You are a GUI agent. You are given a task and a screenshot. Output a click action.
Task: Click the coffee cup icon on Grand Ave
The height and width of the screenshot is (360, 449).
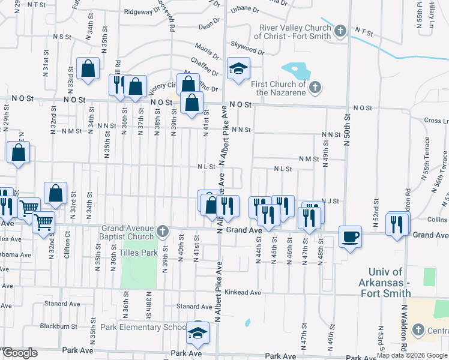point(350,236)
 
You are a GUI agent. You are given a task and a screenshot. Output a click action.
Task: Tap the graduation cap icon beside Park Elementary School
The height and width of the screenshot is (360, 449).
point(197,332)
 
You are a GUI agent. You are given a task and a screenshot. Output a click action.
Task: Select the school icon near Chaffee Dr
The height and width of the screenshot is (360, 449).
point(238,68)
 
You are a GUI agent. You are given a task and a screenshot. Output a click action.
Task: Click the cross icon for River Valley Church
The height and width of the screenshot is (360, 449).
point(340,30)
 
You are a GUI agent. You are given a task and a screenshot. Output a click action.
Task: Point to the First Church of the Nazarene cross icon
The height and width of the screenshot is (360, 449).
point(315,89)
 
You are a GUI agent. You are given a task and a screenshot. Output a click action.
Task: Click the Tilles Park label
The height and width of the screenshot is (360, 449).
point(141,253)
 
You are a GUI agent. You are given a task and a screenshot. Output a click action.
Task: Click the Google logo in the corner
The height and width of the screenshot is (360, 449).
point(19,353)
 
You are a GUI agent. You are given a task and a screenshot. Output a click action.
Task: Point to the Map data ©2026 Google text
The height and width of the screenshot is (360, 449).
point(412,355)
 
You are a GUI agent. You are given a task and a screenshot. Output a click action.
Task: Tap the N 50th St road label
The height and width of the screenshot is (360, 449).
point(346,128)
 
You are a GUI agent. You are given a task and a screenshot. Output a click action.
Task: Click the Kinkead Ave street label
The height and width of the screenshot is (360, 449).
point(244,293)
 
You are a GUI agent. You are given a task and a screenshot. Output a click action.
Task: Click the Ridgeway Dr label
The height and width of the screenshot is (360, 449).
point(140,11)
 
